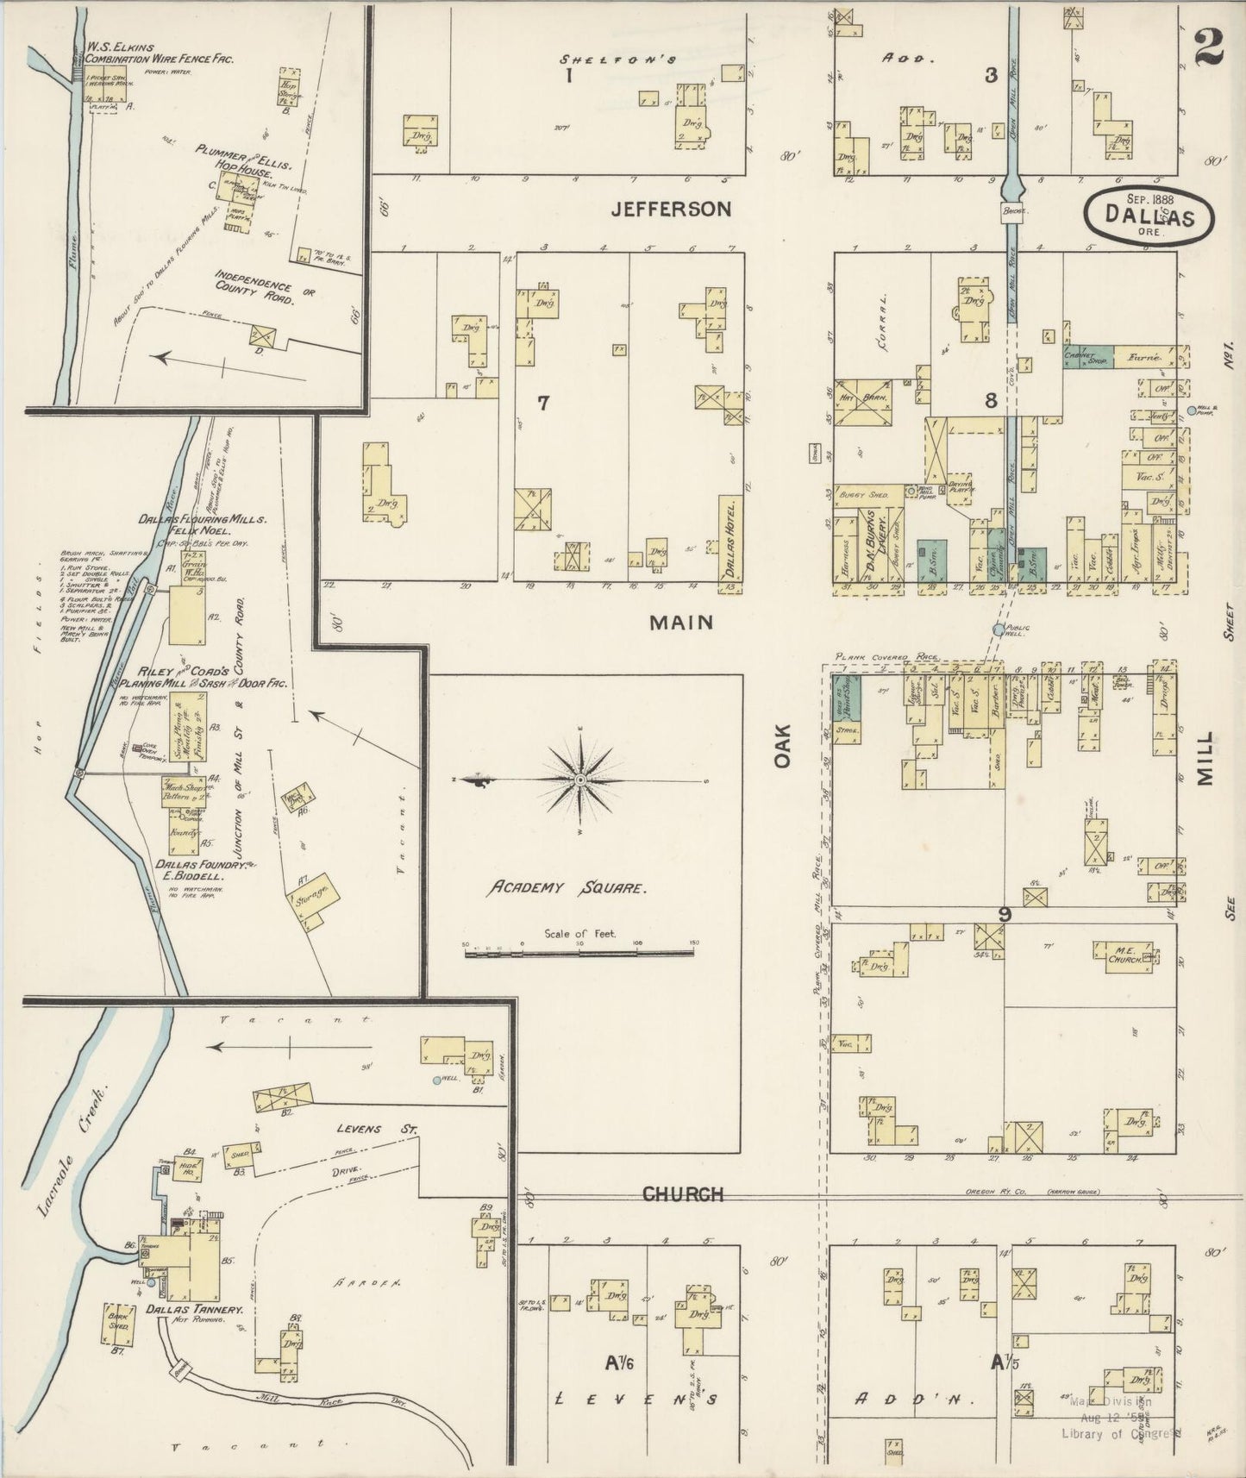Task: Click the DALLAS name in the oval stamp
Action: pos(1151,218)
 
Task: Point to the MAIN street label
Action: pos(681,621)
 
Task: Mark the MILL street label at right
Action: pos(1204,759)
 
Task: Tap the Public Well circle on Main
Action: pos(999,630)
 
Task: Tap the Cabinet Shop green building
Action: pos(1087,357)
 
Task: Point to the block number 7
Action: pos(542,402)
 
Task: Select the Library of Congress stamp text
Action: pos(1120,1432)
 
